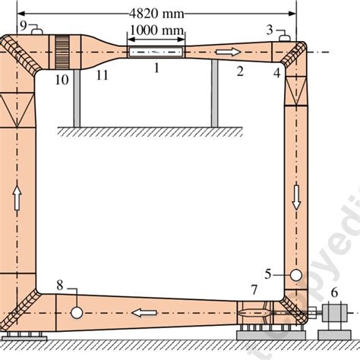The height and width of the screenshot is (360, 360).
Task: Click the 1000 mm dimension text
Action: coord(156,31)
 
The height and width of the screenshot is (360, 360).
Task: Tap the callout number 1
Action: coord(156,68)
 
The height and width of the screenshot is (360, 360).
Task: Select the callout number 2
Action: coord(239,71)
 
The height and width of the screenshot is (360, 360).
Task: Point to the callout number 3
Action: coord(270,30)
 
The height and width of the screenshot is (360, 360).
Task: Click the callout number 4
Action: coord(276,74)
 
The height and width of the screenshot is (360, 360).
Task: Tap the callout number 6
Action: coord(334,292)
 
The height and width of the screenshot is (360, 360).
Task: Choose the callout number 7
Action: coord(254,289)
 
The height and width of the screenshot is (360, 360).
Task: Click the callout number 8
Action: coord(61,286)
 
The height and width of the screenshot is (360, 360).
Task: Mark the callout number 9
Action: coord(24,27)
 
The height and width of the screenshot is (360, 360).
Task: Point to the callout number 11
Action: coord(102,74)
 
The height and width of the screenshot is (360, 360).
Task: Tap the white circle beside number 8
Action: coord(77,312)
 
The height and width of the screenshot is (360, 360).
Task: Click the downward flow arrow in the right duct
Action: coord(296,199)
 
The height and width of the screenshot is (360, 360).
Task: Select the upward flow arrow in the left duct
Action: coord(18,199)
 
